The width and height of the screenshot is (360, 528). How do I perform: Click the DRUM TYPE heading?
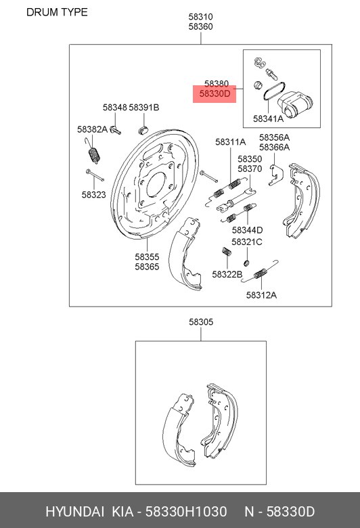57,12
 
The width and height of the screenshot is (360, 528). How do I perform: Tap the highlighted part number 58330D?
215,93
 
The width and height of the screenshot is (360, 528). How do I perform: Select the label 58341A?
268,118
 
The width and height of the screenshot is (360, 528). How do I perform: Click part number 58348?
115,108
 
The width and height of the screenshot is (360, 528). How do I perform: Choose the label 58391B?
144,108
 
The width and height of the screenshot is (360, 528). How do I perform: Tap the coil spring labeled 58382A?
94,155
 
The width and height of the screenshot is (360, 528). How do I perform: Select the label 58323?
93,195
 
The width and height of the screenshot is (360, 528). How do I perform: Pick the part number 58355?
147,257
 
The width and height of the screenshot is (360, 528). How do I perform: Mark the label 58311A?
231,142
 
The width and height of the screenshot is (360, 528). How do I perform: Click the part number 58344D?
247,230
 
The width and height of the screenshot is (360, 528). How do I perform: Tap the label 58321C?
247,242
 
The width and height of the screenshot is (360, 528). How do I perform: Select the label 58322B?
227,274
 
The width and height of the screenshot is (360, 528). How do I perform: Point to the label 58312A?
261,295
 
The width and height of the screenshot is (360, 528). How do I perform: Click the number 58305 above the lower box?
201,322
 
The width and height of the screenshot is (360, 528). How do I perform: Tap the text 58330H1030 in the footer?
186,512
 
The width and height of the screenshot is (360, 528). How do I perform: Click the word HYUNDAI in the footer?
74,512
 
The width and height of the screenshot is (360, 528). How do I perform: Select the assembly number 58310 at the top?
201,16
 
